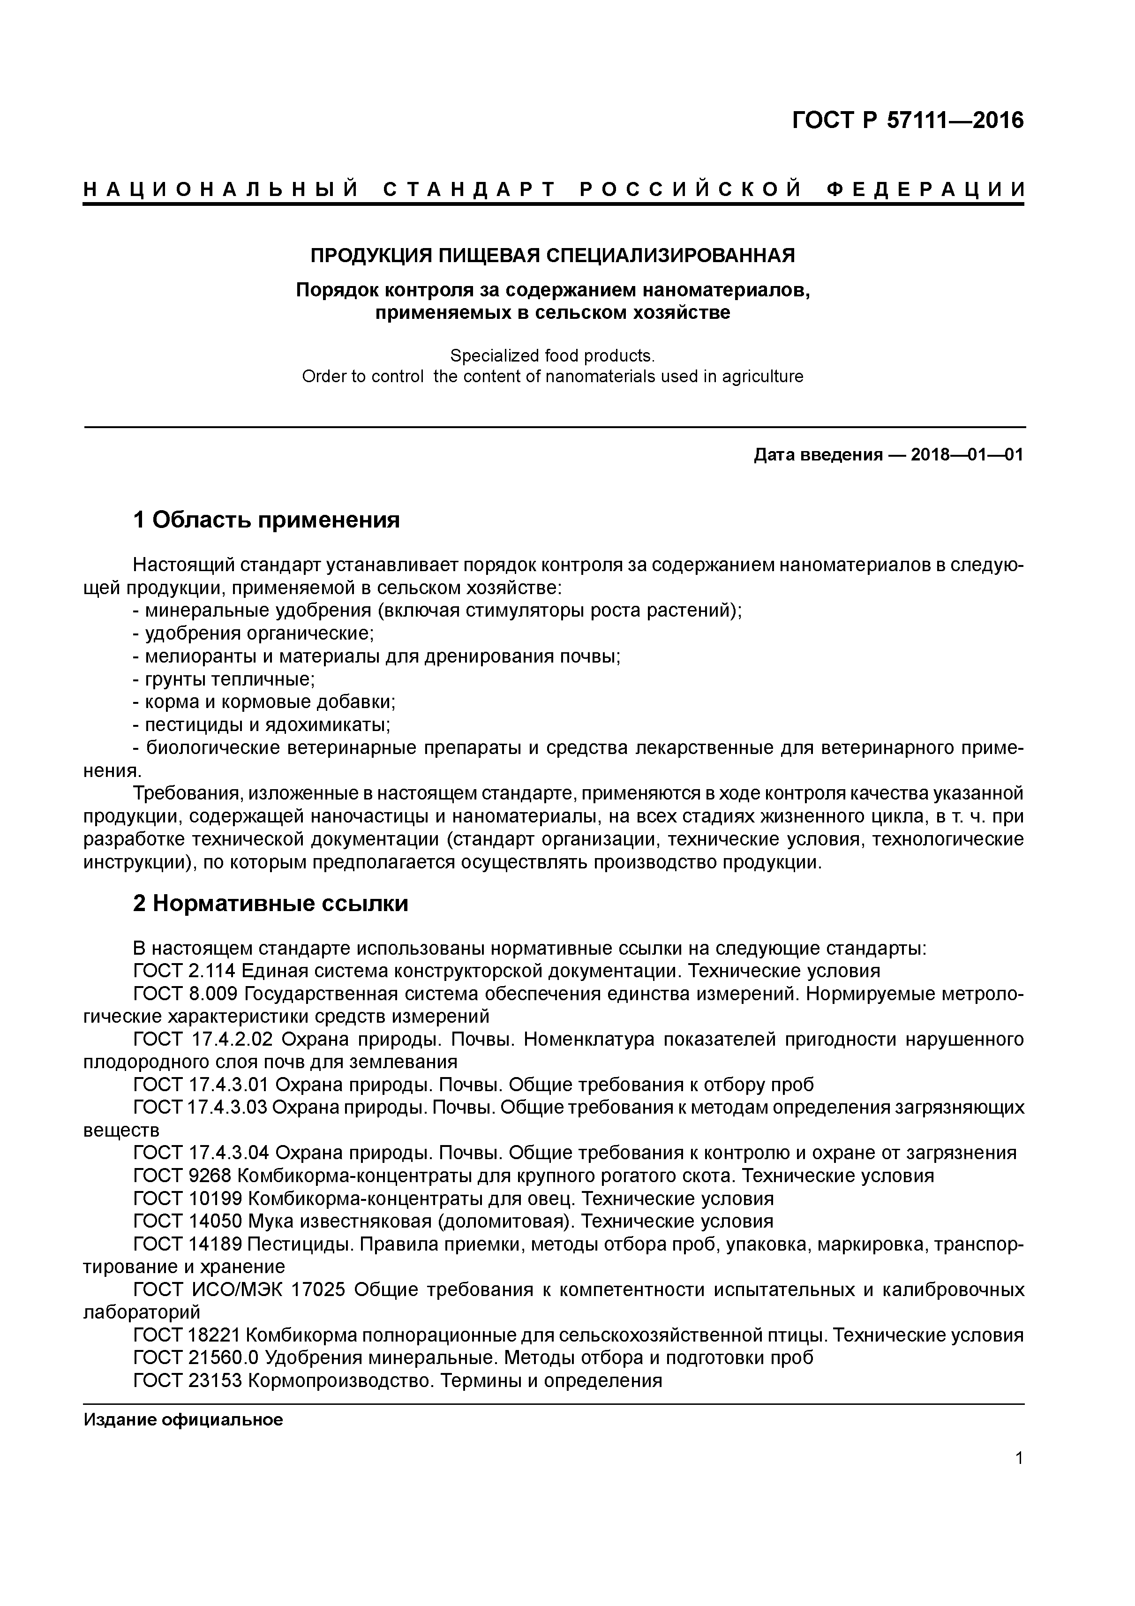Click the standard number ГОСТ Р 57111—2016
click(x=907, y=121)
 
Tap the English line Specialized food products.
click(x=552, y=355)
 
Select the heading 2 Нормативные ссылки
click(x=270, y=904)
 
